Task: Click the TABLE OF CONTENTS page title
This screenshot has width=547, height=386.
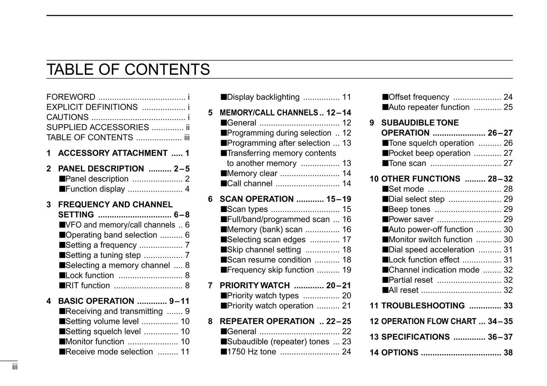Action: (128, 70)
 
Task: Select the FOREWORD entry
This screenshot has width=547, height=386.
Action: (71, 97)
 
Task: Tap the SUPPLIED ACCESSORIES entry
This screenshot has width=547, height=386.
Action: (98, 128)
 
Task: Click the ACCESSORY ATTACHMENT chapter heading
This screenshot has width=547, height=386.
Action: (113, 153)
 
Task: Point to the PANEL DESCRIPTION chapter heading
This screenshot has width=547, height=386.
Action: (101, 169)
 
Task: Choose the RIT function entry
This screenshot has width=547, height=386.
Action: (87, 286)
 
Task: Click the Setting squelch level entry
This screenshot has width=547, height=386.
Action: (103, 332)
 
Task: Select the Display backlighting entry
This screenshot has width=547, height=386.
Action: (263, 97)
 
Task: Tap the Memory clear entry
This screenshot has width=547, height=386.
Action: (252, 173)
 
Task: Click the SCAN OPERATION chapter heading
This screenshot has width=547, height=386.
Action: (257, 199)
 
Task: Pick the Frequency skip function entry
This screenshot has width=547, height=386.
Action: (270, 270)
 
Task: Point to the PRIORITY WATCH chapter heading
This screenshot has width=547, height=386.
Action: (255, 285)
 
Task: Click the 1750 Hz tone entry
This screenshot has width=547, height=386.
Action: (251, 352)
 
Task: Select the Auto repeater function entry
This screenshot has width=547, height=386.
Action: (429, 107)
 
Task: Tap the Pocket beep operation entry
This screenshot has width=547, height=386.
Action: (429, 153)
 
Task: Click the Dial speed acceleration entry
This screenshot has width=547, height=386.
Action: (431, 250)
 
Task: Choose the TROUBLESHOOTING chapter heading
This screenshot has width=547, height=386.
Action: (423, 306)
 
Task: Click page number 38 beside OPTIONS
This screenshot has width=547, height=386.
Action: (508, 353)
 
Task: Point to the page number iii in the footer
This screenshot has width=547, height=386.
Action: (15, 367)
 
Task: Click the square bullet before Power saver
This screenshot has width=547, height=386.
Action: (385, 219)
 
